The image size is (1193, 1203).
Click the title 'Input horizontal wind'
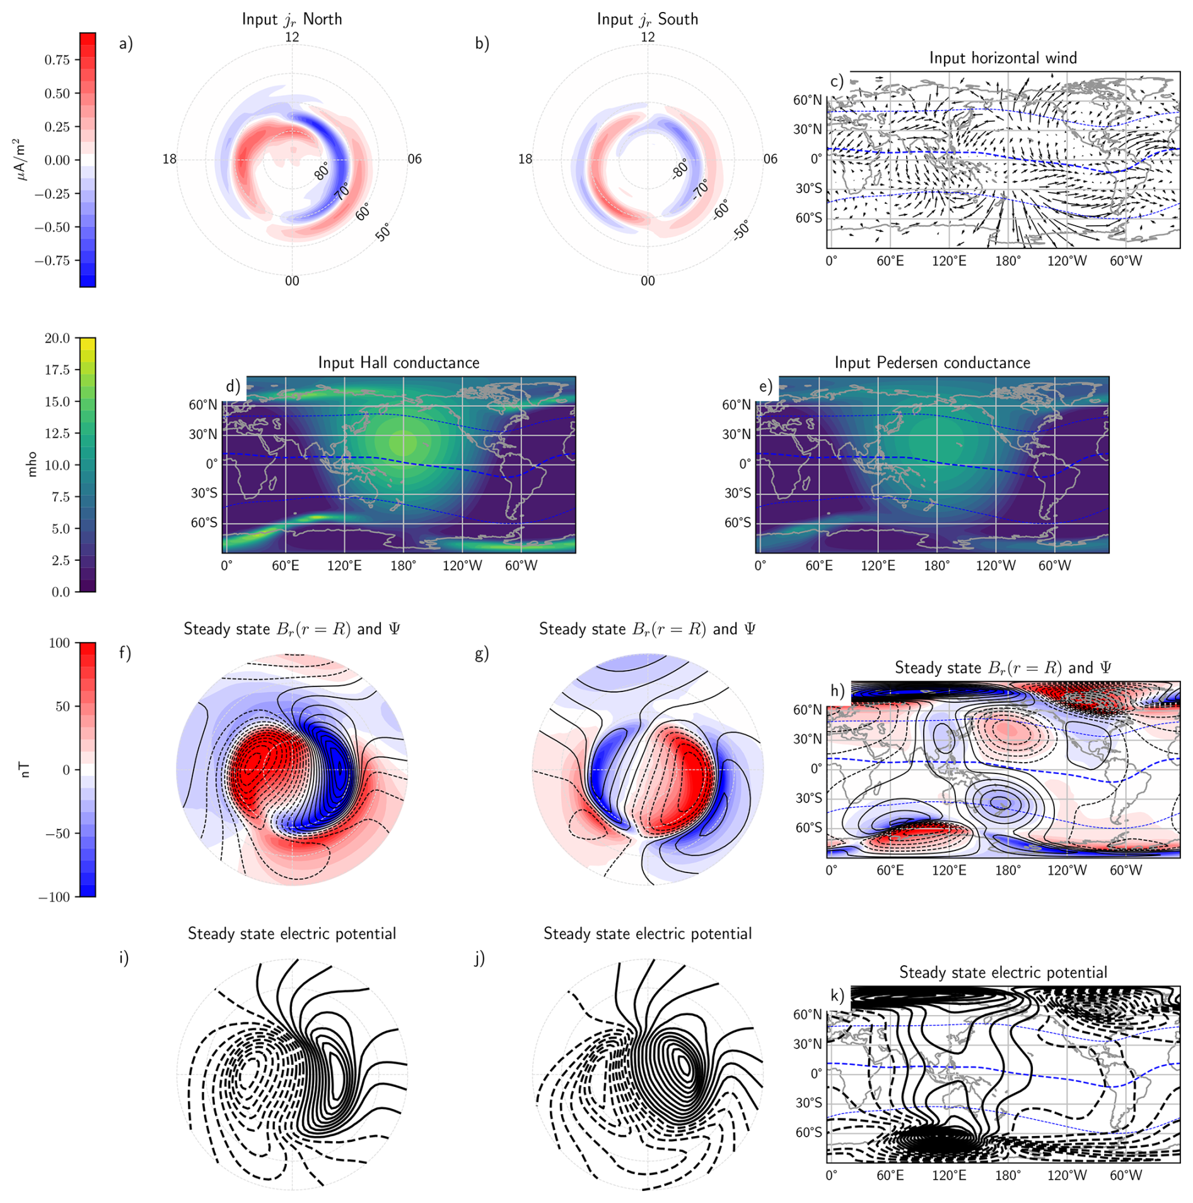tap(1003, 58)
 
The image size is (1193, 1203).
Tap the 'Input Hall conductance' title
tap(399, 363)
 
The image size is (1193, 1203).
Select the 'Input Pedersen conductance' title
tap(932, 363)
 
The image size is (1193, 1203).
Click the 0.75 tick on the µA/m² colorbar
tap(57, 60)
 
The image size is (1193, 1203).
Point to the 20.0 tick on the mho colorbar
tap(57, 339)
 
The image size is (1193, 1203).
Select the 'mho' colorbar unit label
tap(32, 465)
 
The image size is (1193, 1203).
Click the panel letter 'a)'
tap(126, 44)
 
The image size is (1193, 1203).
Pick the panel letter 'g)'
tap(482, 654)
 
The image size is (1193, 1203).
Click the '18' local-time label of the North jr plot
tap(170, 159)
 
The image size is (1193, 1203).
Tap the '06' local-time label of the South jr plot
tap(771, 159)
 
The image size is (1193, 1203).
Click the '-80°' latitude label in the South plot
tap(680, 169)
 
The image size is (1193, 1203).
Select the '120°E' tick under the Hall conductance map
tap(344, 566)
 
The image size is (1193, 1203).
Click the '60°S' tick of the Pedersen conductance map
tap(737, 523)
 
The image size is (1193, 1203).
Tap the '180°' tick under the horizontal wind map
tap(1008, 261)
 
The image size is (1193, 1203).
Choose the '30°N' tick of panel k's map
tap(808, 1045)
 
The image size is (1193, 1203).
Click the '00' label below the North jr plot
tap(292, 281)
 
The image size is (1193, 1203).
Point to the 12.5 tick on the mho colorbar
tap(57, 433)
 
